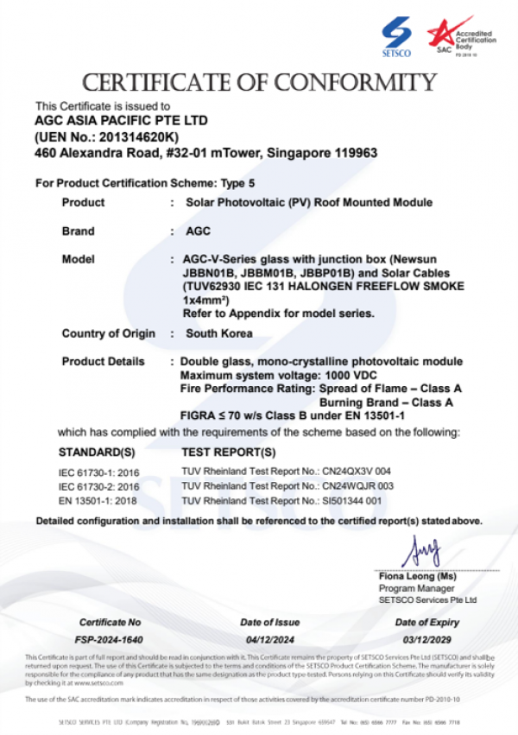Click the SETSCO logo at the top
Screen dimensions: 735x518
[398, 36]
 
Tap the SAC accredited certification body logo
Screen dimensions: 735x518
[455, 36]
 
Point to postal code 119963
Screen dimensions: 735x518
[355, 153]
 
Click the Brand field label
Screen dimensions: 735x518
[79, 231]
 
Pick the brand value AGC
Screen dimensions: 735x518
[198, 231]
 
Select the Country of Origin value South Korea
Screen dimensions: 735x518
[219, 333]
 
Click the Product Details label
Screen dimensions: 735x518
[103, 361]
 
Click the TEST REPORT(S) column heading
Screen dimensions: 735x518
[229, 452]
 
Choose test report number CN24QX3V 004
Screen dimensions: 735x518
[356, 472]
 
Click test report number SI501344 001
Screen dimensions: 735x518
[355, 500]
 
